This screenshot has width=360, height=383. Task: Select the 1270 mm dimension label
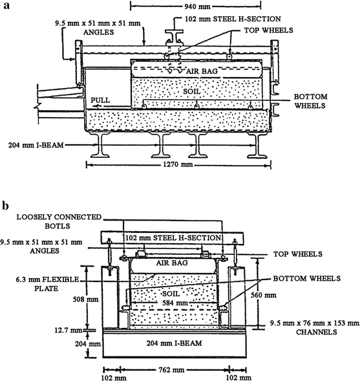pos(178,164)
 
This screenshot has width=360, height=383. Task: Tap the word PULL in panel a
pos(100,100)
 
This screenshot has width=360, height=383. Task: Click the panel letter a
pos(6,5)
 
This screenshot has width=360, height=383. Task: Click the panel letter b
pos(5,206)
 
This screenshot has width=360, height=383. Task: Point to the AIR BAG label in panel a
pos(202,71)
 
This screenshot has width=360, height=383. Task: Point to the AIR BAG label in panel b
pos(172,263)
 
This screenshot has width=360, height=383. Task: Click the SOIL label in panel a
pos(192,91)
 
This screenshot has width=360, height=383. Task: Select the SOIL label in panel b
pos(171,294)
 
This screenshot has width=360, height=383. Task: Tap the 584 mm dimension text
pos(175,303)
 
